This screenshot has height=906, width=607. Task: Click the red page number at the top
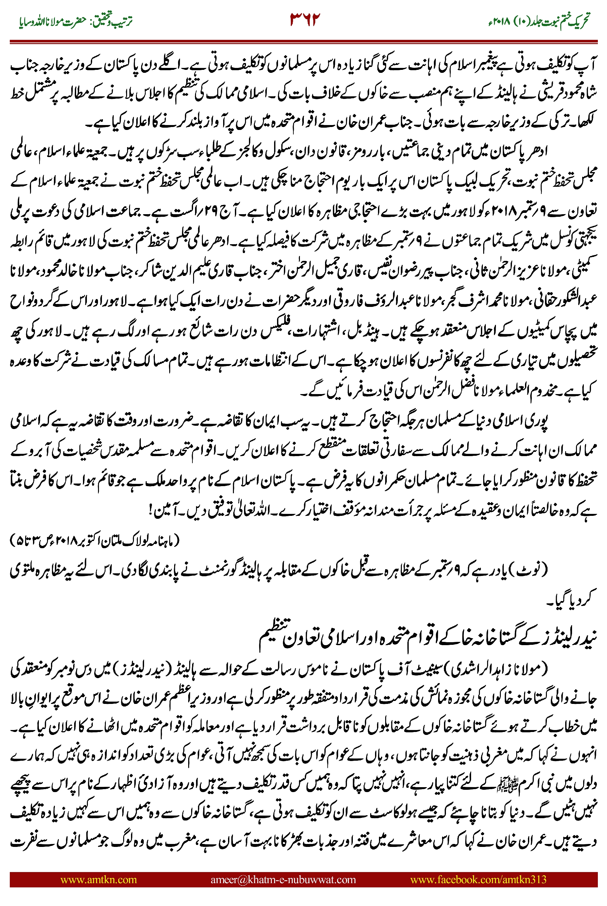point(305,20)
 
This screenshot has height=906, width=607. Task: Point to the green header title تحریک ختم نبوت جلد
point(538,21)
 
